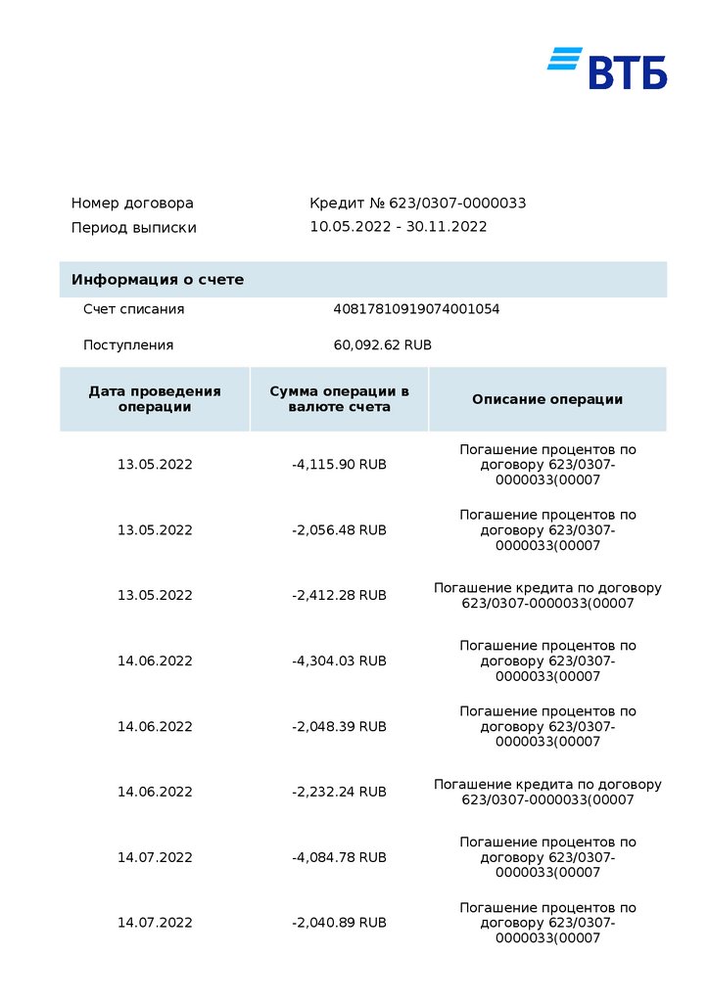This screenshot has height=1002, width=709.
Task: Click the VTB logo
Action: click(x=607, y=68)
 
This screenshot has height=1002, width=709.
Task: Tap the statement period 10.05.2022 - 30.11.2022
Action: click(x=398, y=227)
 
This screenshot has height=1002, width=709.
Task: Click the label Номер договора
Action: click(x=132, y=204)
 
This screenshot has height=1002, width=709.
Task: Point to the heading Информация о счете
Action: click(x=157, y=280)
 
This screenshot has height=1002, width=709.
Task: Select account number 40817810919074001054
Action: click(x=416, y=309)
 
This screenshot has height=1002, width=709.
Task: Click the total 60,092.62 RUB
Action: click(x=382, y=345)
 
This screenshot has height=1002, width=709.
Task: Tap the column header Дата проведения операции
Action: click(x=155, y=399)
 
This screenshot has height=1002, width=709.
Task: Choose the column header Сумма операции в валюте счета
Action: click(x=339, y=399)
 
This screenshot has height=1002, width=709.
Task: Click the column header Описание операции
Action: click(x=547, y=399)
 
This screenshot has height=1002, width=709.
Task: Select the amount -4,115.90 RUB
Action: click(x=339, y=465)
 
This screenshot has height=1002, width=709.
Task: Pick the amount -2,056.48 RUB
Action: click(x=339, y=530)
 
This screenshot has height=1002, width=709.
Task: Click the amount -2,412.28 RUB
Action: click(x=339, y=595)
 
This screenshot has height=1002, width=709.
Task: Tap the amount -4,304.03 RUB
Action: click(x=339, y=660)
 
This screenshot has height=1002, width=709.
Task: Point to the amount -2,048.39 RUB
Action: click(x=339, y=726)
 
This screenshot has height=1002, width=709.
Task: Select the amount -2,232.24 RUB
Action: click(x=339, y=792)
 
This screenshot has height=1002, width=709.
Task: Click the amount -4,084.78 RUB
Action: click(x=339, y=857)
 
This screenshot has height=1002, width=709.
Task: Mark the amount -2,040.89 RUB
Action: click(x=339, y=923)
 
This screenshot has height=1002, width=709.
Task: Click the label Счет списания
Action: click(x=133, y=309)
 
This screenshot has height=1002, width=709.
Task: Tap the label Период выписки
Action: click(x=133, y=228)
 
